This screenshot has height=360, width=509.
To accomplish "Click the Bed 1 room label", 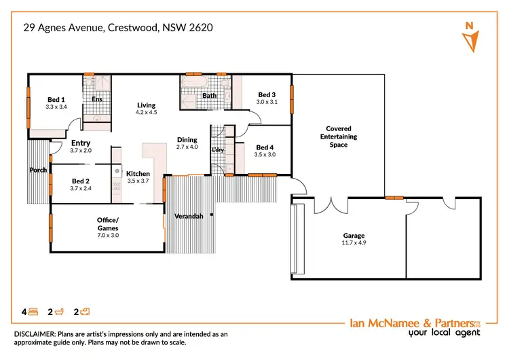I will [x=56, y=98].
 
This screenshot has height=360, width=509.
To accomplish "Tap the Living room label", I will [x=147, y=105].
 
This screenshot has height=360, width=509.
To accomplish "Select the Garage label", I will [x=354, y=236].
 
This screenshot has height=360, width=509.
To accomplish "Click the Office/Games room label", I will [x=107, y=223].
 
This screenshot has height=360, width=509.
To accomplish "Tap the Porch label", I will [x=38, y=170].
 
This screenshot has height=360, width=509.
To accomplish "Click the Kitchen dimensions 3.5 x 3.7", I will [x=138, y=181].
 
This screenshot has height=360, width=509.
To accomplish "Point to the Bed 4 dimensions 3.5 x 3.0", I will [x=265, y=155].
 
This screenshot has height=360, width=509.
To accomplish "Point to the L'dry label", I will [x=218, y=149].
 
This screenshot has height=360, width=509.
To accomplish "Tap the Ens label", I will [x=97, y=99].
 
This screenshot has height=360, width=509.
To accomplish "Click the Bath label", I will [x=210, y=96].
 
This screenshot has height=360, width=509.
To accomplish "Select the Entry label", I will [x=81, y=143].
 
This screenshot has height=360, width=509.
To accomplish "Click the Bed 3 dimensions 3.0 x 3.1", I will [x=266, y=102].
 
